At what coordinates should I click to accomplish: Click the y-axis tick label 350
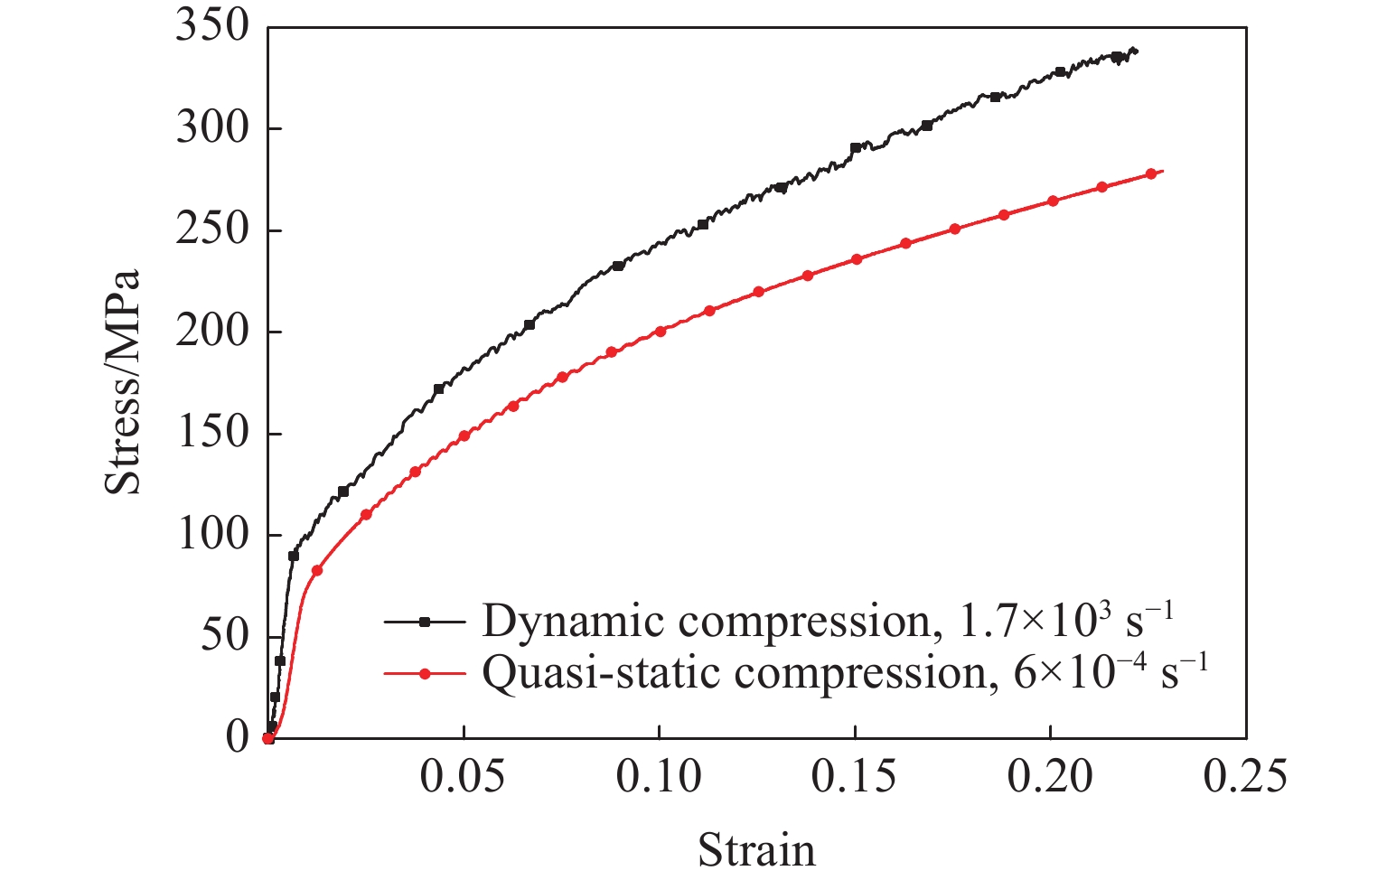coord(211,27)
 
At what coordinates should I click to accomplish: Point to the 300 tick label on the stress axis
coord(211,129)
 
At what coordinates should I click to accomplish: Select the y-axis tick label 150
coord(211,434)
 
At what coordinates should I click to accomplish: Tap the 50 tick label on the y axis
coord(223,637)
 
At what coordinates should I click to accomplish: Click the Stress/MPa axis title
coord(124,381)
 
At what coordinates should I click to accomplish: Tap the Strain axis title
coord(756,850)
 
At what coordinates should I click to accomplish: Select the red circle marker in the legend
coord(425,674)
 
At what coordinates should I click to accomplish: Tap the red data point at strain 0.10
coord(661,332)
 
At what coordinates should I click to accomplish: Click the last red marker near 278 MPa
coord(1150,173)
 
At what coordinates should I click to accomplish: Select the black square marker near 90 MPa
coord(294,556)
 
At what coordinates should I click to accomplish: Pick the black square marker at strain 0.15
coord(856,148)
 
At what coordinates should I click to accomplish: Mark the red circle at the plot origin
coord(268,738)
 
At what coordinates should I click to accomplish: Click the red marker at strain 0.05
coord(464,435)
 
